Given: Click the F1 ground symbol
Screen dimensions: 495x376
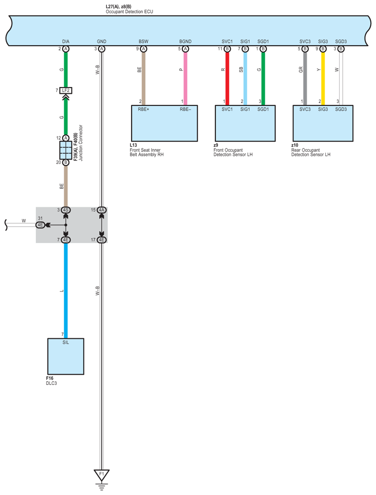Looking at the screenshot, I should (x=101, y=474).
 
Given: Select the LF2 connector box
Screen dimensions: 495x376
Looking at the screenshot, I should (x=66, y=90).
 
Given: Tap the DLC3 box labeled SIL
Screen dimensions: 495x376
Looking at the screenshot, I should (x=66, y=356).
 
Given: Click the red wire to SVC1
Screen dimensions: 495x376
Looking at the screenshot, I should (x=227, y=78).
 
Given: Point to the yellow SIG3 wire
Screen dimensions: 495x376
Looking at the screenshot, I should (x=323, y=78).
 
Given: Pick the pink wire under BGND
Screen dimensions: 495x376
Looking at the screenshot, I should (x=185, y=78).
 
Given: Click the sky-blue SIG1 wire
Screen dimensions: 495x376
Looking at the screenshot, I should (x=245, y=78).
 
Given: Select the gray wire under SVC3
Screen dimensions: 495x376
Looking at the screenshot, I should (x=305, y=78).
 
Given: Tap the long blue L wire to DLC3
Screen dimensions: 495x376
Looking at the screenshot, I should (x=66, y=290).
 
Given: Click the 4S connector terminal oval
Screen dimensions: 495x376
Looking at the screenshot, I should (x=66, y=210).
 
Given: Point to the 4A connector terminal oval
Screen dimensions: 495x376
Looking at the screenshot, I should (x=101, y=210).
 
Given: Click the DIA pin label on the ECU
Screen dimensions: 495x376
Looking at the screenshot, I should (x=66, y=41).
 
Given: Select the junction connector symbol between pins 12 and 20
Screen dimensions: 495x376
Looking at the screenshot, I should (x=66, y=150).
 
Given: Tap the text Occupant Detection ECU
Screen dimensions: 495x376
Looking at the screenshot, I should (x=129, y=12).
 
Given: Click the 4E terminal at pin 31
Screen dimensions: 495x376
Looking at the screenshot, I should (x=41, y=225).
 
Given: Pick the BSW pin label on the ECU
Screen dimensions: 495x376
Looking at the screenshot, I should (x=144, y=41).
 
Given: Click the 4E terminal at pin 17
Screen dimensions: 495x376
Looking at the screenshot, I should (x=101, y=239).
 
